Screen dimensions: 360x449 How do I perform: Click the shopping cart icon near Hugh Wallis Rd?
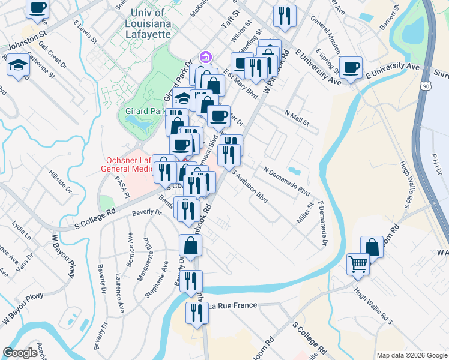[x=358, y=263]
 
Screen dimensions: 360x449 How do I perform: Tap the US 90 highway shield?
[x=425, y=87]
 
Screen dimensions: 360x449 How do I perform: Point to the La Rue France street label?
[x=233, y=306]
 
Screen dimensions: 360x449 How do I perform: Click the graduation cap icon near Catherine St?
[x=19, y=64]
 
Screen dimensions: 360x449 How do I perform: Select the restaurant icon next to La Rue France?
[x=196, y=312]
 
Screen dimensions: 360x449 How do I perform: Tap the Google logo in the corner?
[x=20, y=353]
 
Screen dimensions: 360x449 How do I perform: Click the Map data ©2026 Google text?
[x=412, y=355]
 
